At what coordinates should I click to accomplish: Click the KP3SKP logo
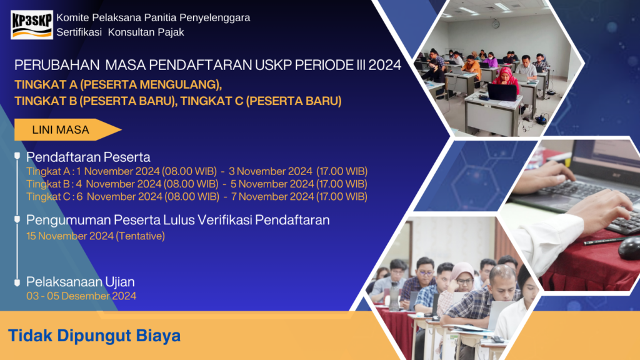(x=32, y=24)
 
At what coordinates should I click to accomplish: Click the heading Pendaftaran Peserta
(x=88, y=157)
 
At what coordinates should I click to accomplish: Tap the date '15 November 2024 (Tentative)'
(x=95, y=236)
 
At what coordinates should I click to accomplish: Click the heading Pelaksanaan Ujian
(x=80, y=282)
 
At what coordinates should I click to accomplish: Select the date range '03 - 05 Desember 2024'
(x=81, y=296)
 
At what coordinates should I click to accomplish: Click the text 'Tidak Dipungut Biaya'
(x=94, y=336)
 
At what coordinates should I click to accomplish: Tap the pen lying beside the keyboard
(x=604, y=240)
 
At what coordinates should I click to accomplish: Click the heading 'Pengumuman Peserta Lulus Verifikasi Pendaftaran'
(x=177, y=220)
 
